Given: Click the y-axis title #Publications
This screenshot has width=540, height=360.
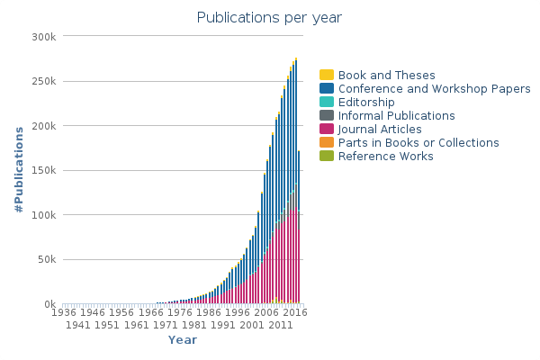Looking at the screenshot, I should [19, 170].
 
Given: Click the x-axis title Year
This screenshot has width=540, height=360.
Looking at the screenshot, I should [182, 339].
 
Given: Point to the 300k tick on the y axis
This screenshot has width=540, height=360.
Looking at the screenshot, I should [43, 37].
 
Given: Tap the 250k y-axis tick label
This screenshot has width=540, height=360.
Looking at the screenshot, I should [43, 81].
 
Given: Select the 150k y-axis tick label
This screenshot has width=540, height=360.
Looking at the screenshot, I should [43, 171].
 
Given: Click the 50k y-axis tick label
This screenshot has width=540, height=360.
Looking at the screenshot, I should [46, 260].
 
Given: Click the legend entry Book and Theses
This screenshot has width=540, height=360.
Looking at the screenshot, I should [386, 76].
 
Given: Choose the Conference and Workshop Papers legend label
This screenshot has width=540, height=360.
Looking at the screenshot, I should [434, 89].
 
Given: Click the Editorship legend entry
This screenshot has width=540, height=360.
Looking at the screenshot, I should [366, 103].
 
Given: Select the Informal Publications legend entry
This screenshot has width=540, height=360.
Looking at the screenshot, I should [396, 116].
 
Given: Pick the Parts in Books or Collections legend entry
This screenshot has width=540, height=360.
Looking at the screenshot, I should [418, 143].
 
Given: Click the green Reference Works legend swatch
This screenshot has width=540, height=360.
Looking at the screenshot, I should [327, 157].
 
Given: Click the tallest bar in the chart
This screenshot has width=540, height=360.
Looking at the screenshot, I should [296, 180].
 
